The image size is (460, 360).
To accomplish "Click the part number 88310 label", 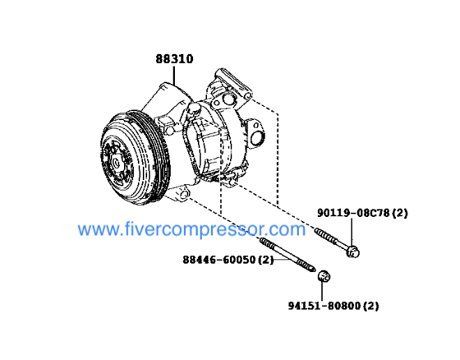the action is pyautogui.click(x=174, y=59).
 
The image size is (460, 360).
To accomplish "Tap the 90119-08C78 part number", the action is pyautogui.click(x=353, y=213).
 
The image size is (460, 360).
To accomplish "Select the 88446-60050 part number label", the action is pyautogui.click(x=219, y=260).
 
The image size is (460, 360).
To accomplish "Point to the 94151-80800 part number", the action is pyautogui.click(x=324, y=306).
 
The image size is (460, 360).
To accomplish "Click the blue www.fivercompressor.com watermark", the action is pyautogui.click(x=191, y=229).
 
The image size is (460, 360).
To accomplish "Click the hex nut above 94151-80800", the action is pyautogui.click(x=324, y=276).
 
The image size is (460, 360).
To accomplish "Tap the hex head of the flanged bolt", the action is pyautogui.click(x=352, y=252).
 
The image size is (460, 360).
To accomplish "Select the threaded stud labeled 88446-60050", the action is pyautogui.click(x=287, y=255).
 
